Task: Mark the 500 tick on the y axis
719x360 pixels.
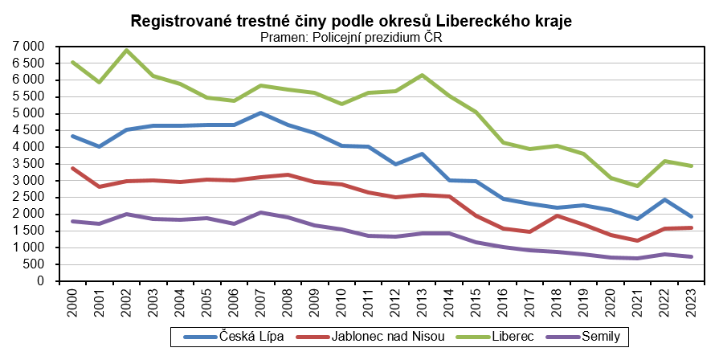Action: pyautogui.click(x=34, y=264)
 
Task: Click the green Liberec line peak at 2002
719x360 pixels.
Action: pyautogui.click(x=126, y=51)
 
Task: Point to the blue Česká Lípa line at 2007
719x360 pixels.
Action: pyautogui.click(x=261, y=113)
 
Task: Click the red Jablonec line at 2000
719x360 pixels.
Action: pyautogui.click(x=72, y=168)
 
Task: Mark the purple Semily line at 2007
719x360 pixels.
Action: pyautogui.click(x=261, y=212)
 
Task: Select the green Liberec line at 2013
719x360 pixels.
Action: pyautogui.click(x=423, y=76)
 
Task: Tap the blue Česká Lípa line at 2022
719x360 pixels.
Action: pyautogui.click(x=664, y=199)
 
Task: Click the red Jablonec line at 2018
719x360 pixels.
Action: pyautogui.click(x=557, y=215)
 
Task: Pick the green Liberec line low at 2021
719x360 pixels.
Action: pyautogui.click(x=638, y=186)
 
